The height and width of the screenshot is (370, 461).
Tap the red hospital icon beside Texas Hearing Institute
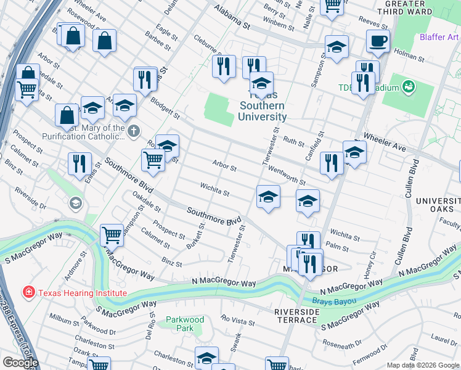point(28,292)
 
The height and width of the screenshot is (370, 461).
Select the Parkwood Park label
point(185,324)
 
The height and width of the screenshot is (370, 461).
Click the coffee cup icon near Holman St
point(378,41)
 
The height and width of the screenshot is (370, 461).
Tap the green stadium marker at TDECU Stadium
point(408,87)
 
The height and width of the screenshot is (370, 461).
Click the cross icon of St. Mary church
point(133,129)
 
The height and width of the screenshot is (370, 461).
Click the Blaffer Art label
point(439,37)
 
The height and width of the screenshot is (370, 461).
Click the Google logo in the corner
point(20,362)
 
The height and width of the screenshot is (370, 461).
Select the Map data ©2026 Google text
point(423,365)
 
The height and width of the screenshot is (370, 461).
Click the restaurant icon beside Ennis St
point(79,164)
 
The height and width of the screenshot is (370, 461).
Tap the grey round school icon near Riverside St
point(75,203)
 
